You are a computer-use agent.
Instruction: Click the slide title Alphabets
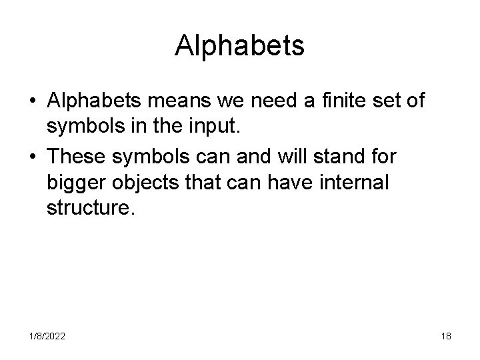[x=240, y=45]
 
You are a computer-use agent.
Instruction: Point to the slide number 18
[x=446, y=337]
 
